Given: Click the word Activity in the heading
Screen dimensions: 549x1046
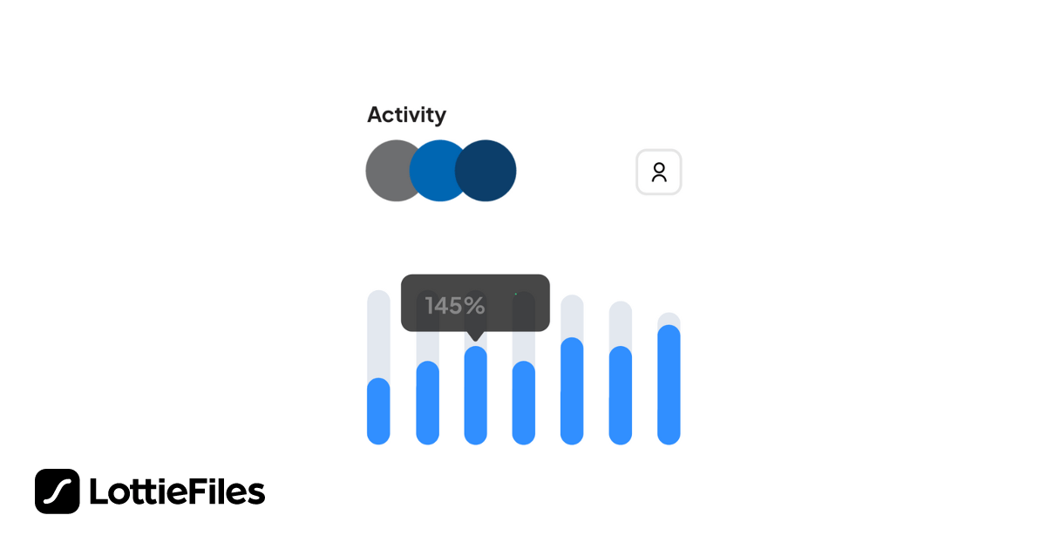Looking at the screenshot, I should [406, 115].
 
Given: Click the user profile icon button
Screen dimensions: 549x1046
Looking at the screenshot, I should [659, 173].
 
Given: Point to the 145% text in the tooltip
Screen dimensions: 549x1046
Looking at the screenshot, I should [454, 305].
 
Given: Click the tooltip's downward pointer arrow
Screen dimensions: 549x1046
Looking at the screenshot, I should [475, 336].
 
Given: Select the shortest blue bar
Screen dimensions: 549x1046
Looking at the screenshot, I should [378, 411].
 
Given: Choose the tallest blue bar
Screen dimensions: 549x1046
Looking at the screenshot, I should [669, 385].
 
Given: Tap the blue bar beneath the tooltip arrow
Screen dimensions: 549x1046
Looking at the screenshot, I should [475, 396].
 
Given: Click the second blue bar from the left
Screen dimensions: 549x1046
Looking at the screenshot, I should [427, 403].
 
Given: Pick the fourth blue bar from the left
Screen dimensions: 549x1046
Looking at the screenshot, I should [523, 403].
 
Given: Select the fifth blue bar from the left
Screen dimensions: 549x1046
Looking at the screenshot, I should [572, 391].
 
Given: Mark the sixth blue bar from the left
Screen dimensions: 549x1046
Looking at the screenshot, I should [620, 396].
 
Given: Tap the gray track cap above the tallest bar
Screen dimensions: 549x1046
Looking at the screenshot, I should [669, 318].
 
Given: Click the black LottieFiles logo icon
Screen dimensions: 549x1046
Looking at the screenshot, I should [58, 491].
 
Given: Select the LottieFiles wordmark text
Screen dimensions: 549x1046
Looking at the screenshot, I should [177, 492].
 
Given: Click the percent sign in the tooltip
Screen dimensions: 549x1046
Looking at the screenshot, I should [474, 305].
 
